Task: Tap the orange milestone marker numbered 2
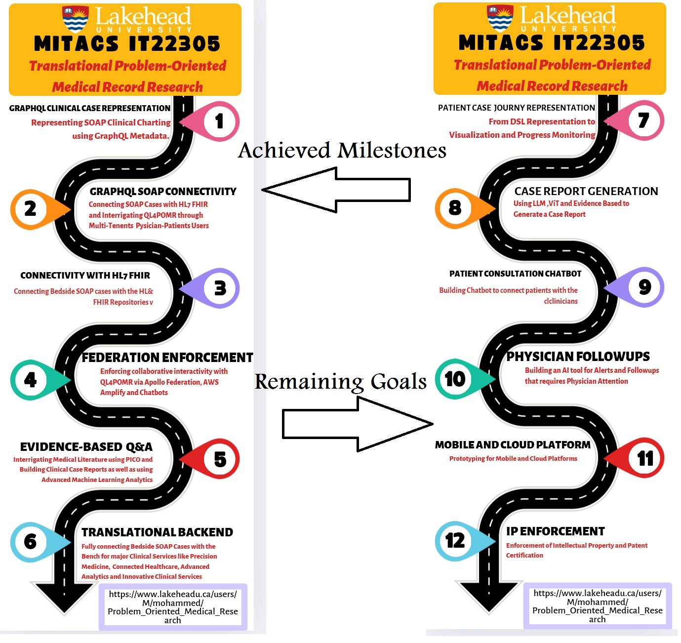click(x=31, y=209)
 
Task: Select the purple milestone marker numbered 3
click(x=219, y=288)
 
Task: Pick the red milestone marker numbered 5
click(x=219, y=459)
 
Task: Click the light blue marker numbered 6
click(x=31, y=542)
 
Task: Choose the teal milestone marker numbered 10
click(x=455, y=379)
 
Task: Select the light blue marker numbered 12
click(x=455, y=541)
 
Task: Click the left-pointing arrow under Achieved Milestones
click(x=336, y=190)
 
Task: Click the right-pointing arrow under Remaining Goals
click(x=358, y=424)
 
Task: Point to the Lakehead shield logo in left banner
click(x=75, y=19)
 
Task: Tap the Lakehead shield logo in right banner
click(x=500, y=18)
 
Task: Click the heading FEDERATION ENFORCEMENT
click(x=167, y=358)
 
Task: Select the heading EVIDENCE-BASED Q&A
click(x=86, y=447)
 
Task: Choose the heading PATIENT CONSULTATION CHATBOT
click(x=515, y=274)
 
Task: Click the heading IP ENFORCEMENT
click(x=555, y=531)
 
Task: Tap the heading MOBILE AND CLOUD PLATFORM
click(x=513, y=445)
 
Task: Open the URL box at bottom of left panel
click(x=173, y=607)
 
